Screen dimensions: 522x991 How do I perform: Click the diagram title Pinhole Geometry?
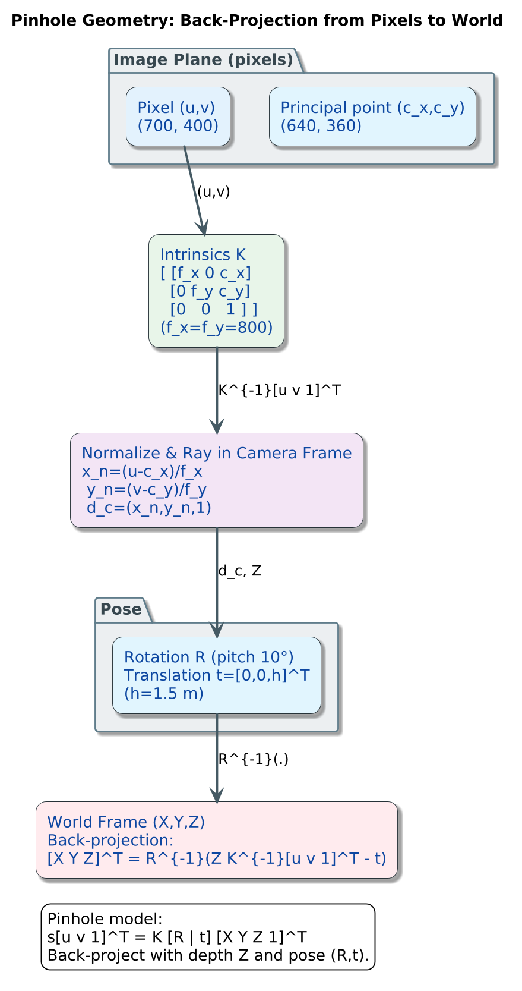257,21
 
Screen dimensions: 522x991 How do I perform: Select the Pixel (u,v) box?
178,117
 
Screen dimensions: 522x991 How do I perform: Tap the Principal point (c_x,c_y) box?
372,117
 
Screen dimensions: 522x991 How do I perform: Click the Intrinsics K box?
216,290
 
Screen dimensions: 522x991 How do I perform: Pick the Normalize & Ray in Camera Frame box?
216,480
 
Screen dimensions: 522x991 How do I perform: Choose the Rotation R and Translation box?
216,675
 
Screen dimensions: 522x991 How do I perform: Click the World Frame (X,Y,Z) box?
216,839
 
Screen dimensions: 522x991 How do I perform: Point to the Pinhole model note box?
208,937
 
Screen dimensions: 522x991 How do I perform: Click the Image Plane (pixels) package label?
203,60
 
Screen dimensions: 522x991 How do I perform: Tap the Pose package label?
121,609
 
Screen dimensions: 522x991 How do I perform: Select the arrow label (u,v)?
213,192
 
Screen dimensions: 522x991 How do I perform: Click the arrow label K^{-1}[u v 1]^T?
279,391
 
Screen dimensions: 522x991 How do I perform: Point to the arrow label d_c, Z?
239,571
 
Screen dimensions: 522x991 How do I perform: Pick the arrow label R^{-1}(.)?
253,759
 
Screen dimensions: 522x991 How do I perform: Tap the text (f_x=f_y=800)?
216,328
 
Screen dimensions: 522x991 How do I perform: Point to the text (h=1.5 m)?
163,693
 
